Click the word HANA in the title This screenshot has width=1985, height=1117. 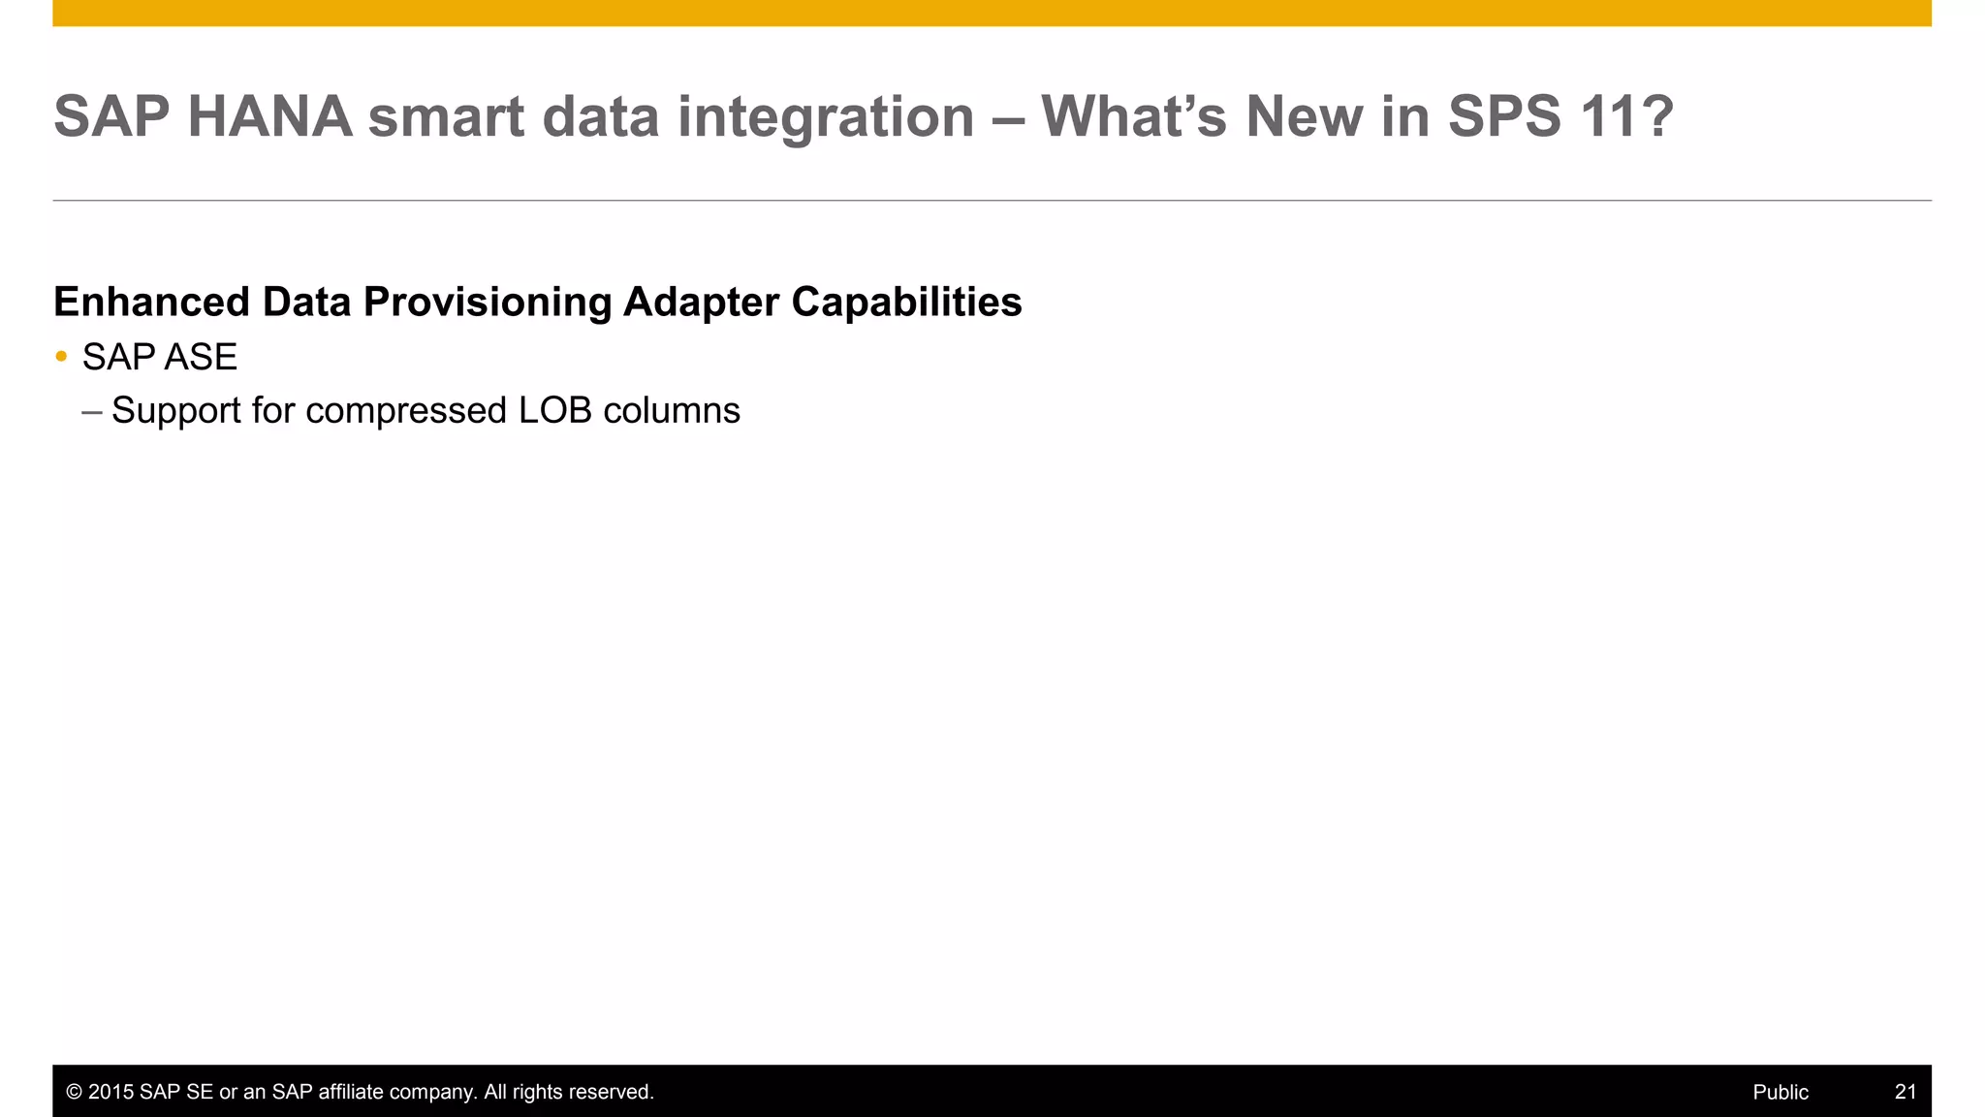tap(269, 116)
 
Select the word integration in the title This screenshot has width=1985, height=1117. tap(825, 116)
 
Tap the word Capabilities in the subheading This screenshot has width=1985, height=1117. tap(906, 302)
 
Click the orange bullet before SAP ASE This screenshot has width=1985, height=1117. tap(61, 357)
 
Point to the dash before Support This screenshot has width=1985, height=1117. tap(92, 411)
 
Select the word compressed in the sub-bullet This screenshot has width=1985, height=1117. tap(406, 411)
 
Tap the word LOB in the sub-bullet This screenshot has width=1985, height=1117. tap(554, 411)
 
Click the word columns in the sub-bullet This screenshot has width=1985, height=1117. tap(672, 411)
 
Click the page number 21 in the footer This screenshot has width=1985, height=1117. tap(1905, 1092)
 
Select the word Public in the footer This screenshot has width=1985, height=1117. tap(1780, 1092)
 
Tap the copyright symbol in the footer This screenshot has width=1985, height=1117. tap(74, 1092)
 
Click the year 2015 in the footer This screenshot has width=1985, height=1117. tap(110, 1092)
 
